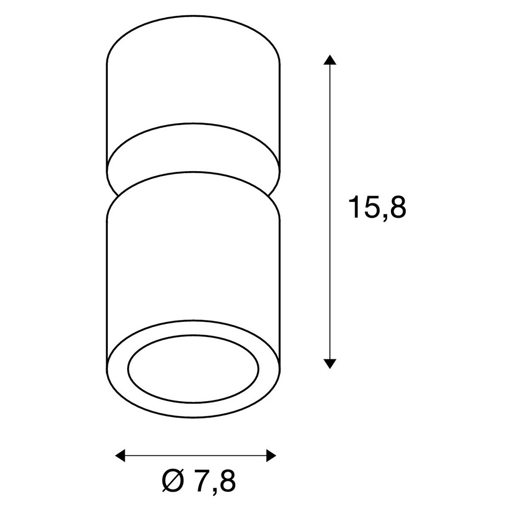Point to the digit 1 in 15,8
[x=355, y=207]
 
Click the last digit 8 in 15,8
[x=398, y=207]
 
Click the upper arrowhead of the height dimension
[x=330, y=60]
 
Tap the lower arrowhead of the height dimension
[x=330, y=364]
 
